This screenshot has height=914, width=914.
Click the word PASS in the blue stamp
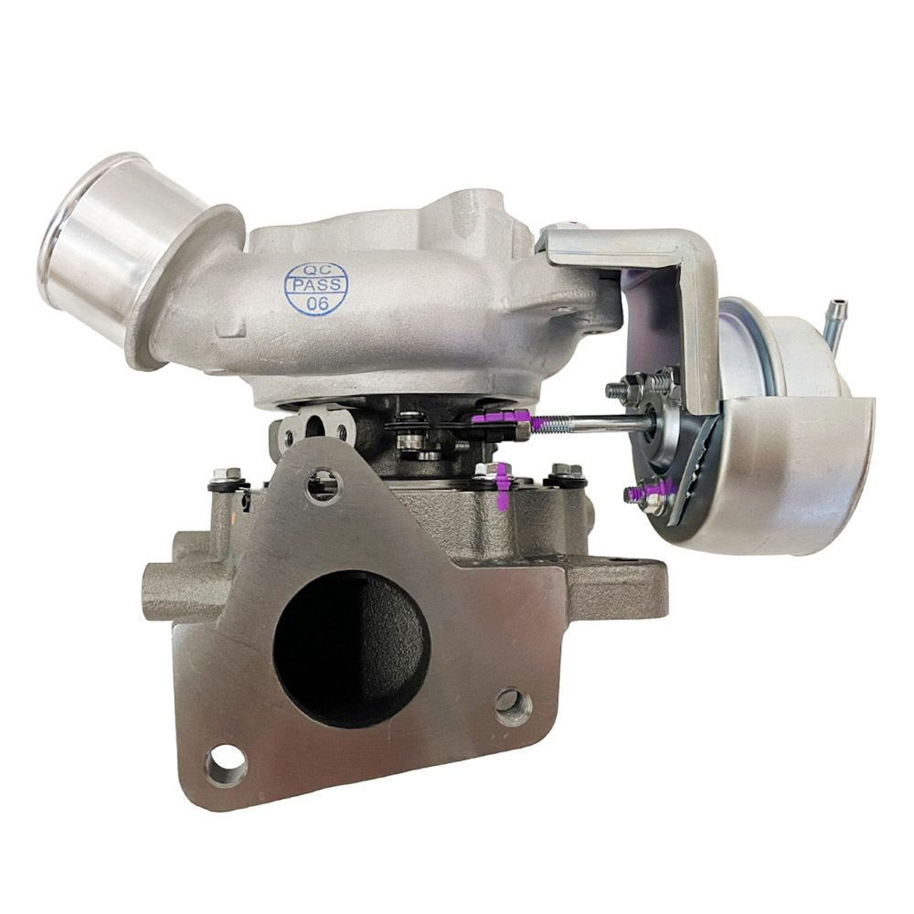(315, 287)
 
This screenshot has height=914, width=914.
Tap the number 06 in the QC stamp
(316, 303)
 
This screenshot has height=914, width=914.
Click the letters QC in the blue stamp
(314, 270)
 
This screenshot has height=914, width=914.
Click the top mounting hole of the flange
(323, 485)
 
